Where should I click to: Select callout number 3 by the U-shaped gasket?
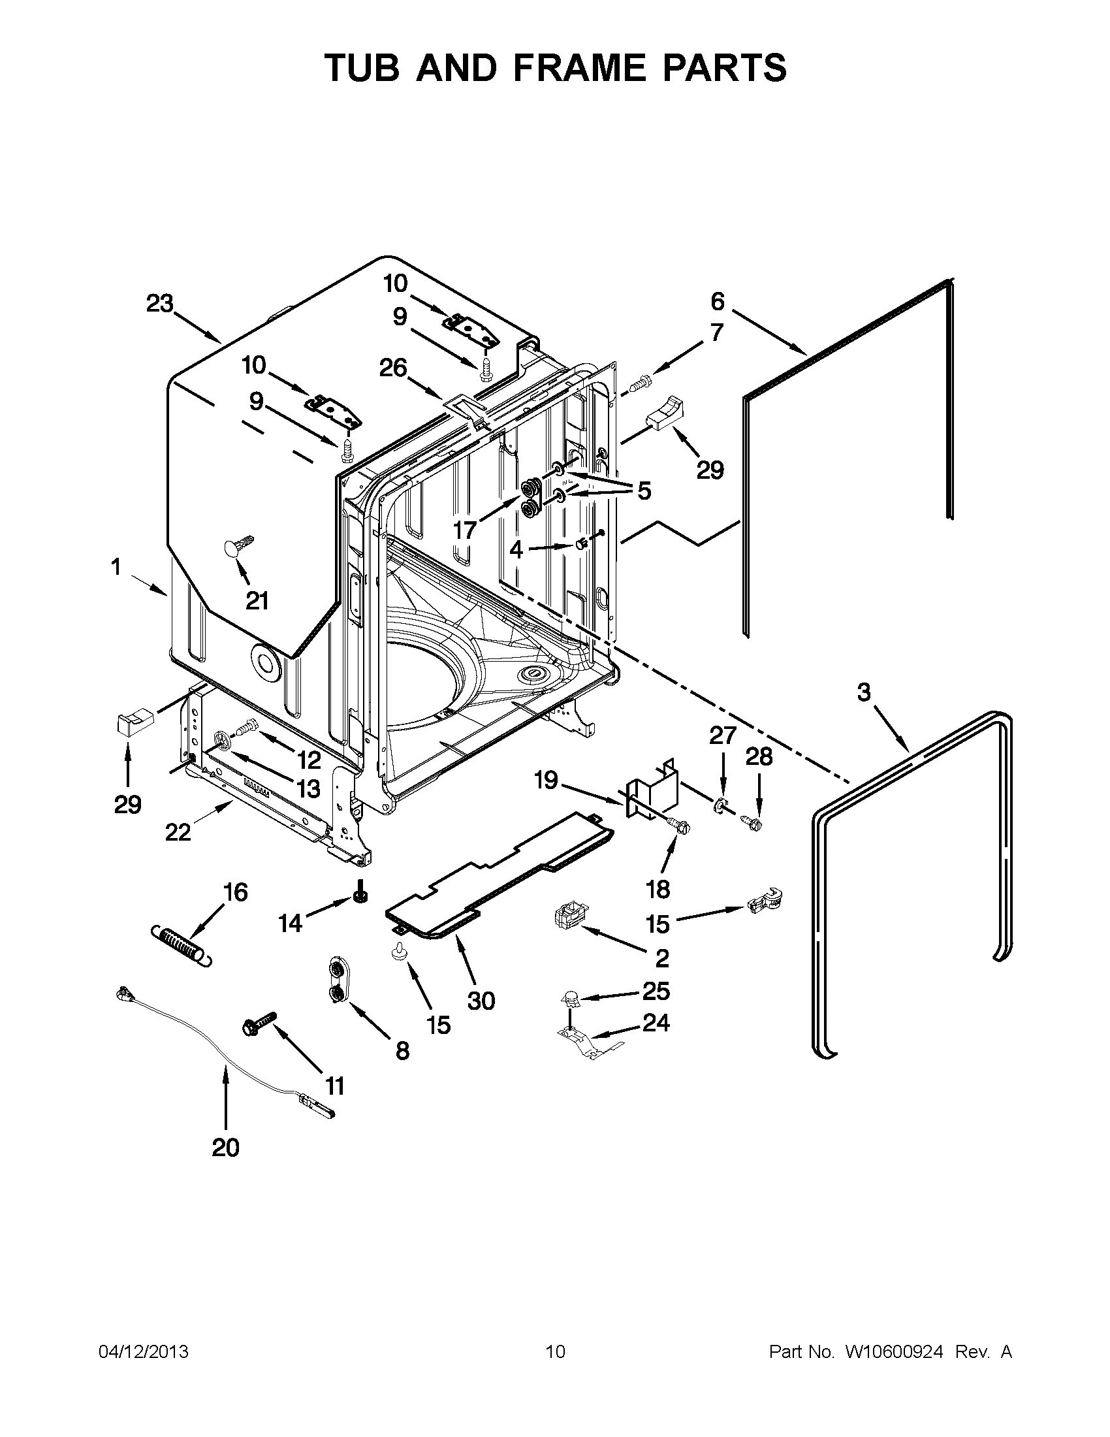863,692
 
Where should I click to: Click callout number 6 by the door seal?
718,301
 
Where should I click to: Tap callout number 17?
465,530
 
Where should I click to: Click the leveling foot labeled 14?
360,896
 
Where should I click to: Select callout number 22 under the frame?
178,832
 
